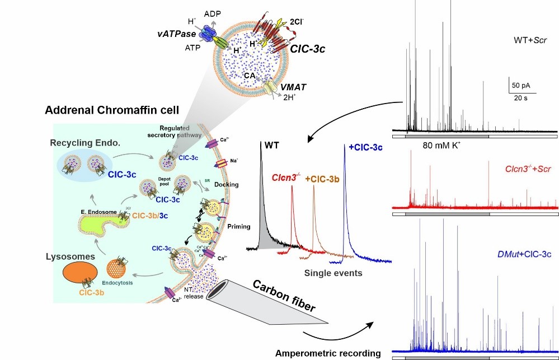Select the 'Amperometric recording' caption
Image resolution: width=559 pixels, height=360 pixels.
328,353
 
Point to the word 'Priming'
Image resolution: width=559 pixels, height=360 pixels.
239,226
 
